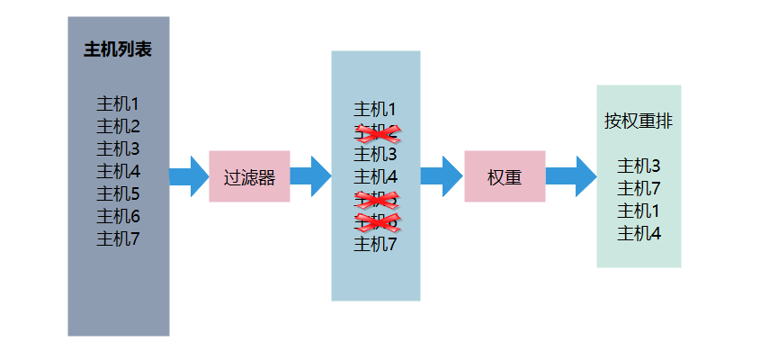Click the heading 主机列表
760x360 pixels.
(x=118, y=49)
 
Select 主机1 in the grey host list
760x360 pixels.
(x=118, y=103)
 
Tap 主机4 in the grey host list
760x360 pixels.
(x=118, y=171)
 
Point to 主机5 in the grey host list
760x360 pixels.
(x=118, y=193)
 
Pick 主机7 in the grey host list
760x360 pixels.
(x=118, y=238)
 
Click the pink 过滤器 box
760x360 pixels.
(x=249, y=177)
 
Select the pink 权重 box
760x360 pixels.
(x=505, y=177)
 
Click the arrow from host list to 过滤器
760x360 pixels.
(x=188, y=176)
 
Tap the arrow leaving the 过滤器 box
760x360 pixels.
(x=310, y=176)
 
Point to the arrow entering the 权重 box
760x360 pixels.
(x=441, y=176)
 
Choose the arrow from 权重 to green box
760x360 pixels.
(x=570, y=176)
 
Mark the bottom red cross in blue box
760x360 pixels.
(x=377, y=221)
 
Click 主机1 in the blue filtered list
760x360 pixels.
(x=375, y=110)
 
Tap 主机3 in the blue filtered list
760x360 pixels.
(x=375, y=155)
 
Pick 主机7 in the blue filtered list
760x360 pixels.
(x=375, y=244)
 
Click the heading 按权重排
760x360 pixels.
(x=638, y=121)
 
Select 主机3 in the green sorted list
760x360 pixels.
(x=639, y=166)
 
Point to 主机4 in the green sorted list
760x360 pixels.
(x=639, y=233)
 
